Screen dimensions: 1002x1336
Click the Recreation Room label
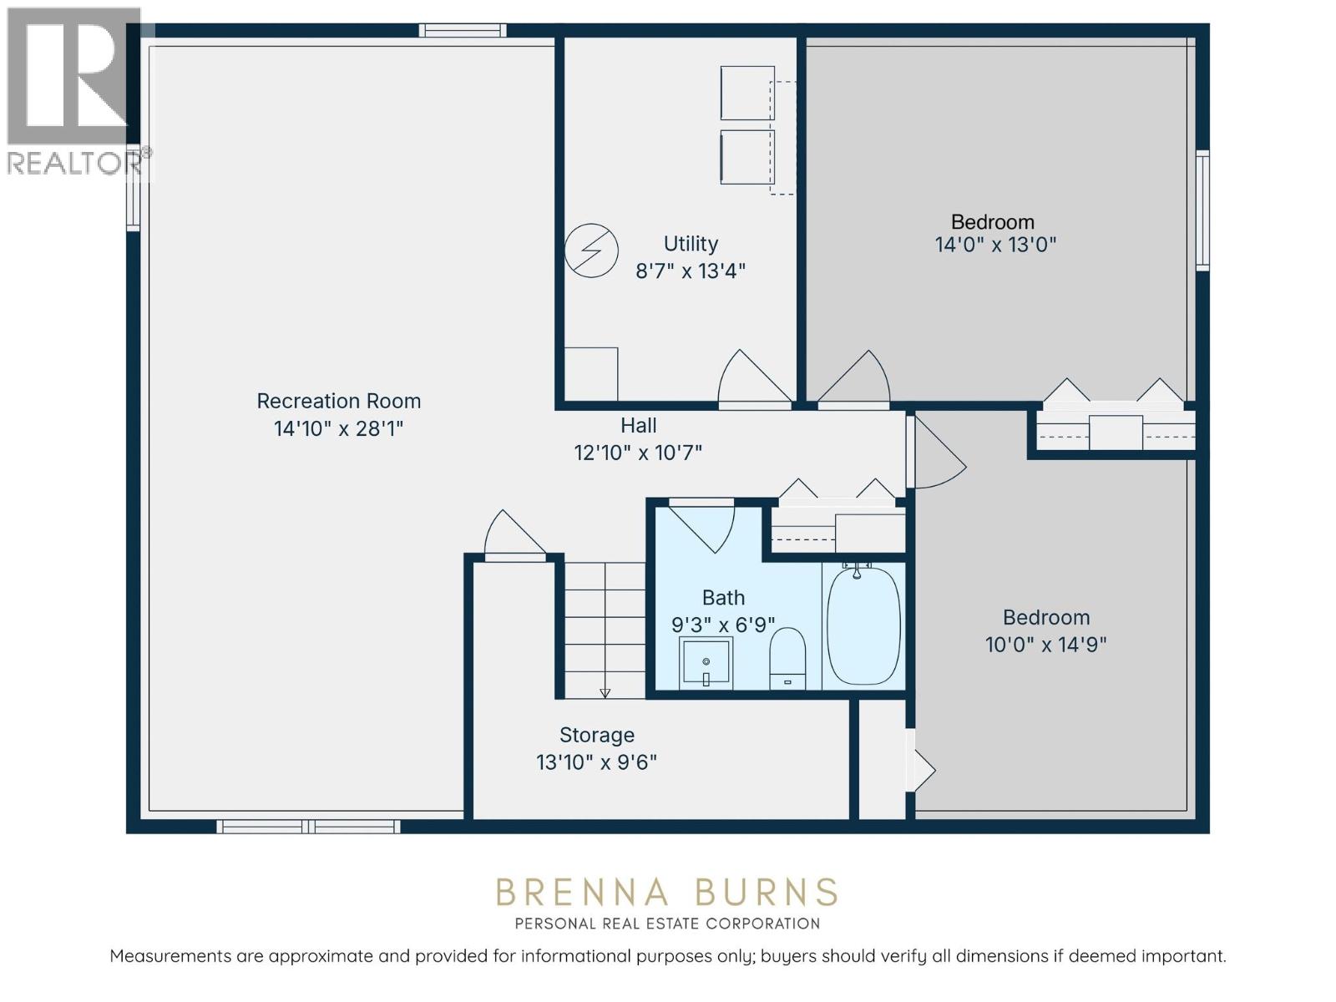338,401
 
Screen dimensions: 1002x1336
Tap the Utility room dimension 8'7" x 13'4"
690,271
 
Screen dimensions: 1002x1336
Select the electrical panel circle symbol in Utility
591,250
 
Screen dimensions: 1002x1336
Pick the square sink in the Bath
706,663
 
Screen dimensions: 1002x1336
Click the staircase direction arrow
605,692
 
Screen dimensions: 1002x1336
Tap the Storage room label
596,735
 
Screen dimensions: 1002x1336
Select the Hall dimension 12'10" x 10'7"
638,453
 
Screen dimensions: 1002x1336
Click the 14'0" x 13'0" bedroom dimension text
995,245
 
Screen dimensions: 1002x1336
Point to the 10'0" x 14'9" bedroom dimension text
1045,644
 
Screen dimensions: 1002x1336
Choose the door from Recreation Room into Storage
513,534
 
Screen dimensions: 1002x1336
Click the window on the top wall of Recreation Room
463,31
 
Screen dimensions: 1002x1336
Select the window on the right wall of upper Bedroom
1202,210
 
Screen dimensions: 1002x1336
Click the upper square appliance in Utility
746,93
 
